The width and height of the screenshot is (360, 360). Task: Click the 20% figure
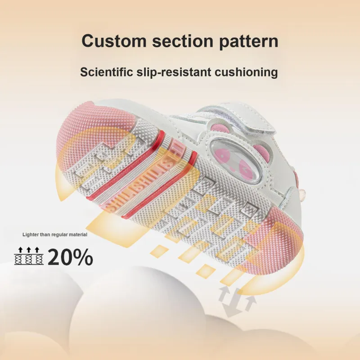tap(70, 257)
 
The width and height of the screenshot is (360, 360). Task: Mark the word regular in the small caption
tap(58, 234)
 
